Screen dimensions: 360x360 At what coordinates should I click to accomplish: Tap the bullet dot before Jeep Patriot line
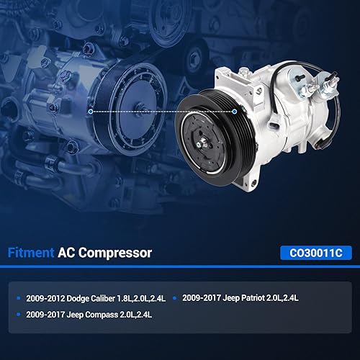(176, 296)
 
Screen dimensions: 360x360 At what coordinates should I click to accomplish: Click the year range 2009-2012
(44, 296)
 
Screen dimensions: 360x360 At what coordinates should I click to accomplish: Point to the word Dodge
(77, 296)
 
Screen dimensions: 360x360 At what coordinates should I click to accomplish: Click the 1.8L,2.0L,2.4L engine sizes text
(148, 296)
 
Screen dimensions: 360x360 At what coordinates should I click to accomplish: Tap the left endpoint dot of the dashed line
(89, 112)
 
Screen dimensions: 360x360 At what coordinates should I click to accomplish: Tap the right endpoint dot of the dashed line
(235, 112)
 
